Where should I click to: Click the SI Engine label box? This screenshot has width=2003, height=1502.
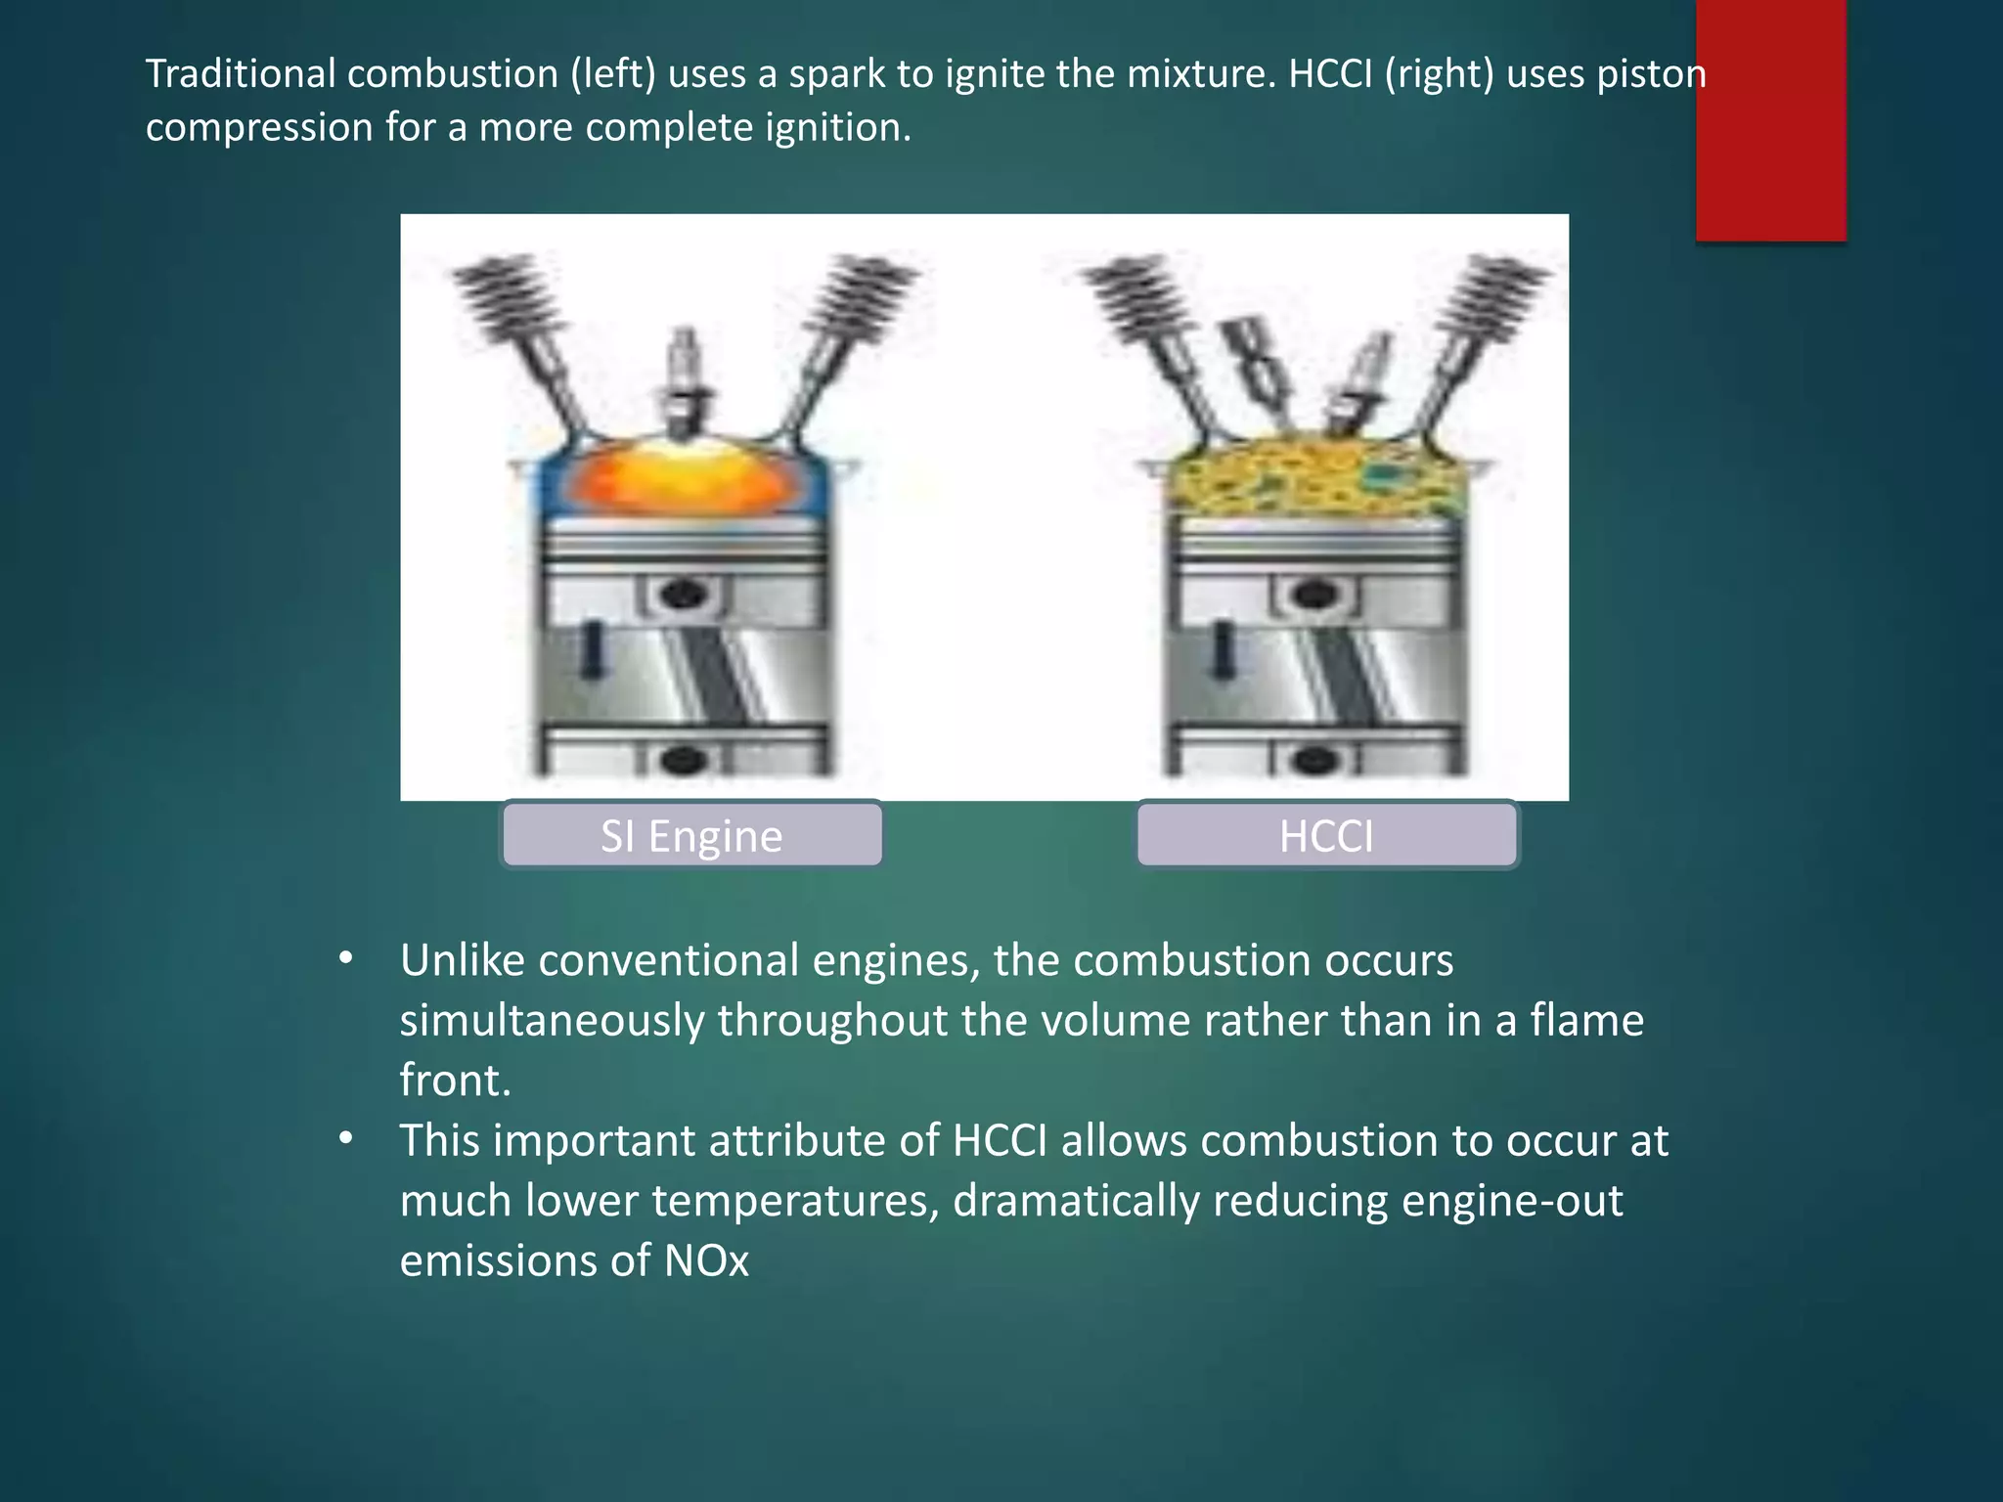tap(691, 835)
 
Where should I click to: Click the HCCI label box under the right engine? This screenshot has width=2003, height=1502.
tap(1326, 835)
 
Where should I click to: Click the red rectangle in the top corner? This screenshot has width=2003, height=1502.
tap(1770, 117)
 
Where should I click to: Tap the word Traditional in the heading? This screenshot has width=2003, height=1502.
tap(241, 74)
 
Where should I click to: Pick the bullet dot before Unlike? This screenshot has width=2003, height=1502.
tap(345, 959)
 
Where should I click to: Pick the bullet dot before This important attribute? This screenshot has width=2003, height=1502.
tap(345, 1139)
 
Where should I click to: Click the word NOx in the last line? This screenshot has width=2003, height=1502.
tap(706, 1260)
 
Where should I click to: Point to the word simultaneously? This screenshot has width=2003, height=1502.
tap(552, 1021)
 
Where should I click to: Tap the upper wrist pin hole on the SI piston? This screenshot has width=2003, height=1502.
tap(684, 593)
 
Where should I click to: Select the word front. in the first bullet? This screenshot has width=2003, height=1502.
tap(455, 1081)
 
